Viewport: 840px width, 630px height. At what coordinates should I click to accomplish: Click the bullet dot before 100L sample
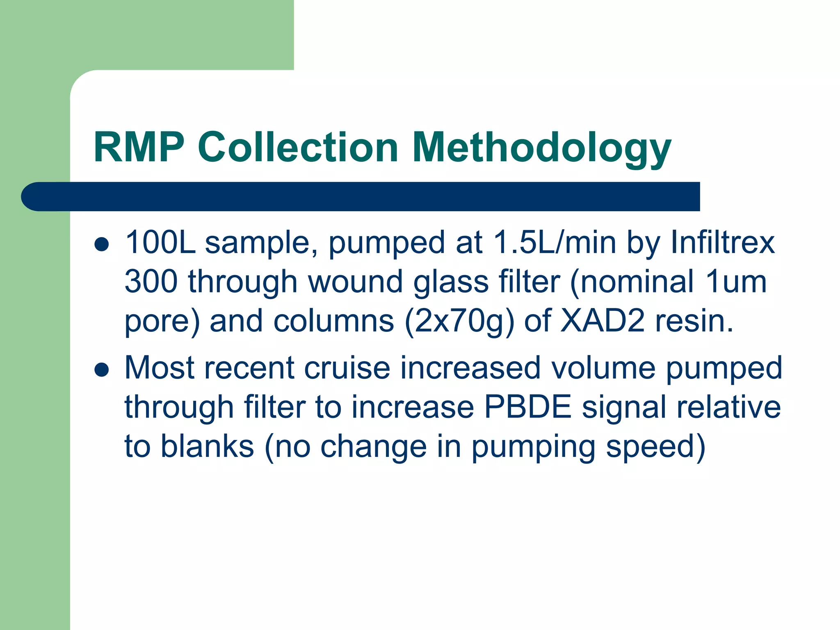click(x=101, y=244)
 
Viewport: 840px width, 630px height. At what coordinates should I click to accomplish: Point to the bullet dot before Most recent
click(x=101, y=370)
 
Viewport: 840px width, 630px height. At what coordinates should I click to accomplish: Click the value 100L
click(x=160, y=242)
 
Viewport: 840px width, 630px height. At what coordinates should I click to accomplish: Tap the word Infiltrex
click(x=722, y=242)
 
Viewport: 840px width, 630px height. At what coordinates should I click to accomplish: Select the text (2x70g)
click(x=459, y=321)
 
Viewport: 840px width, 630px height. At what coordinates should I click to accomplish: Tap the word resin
click(x=694, y=321)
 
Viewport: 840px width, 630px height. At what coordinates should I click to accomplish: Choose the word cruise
click(x=347, y=367)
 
